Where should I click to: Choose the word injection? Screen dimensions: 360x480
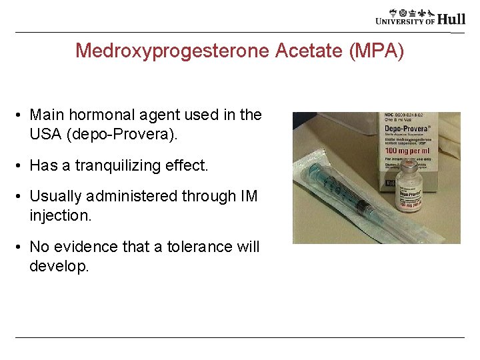(x=59, y=215)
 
